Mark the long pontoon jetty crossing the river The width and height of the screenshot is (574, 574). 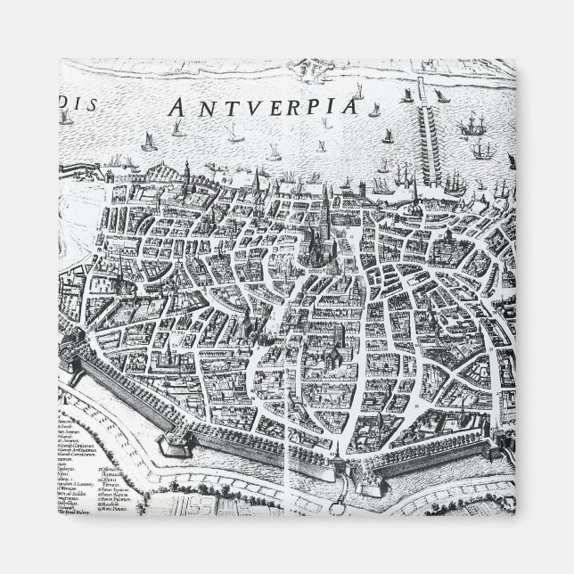pos(420,134)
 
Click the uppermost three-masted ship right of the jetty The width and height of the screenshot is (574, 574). pos(470,125)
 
